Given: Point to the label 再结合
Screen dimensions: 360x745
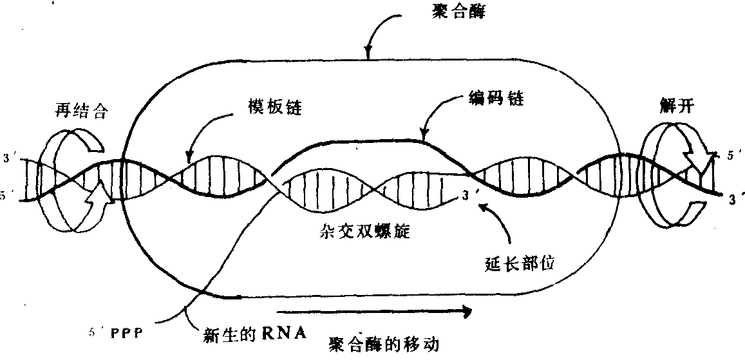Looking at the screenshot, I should (78, 111).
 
